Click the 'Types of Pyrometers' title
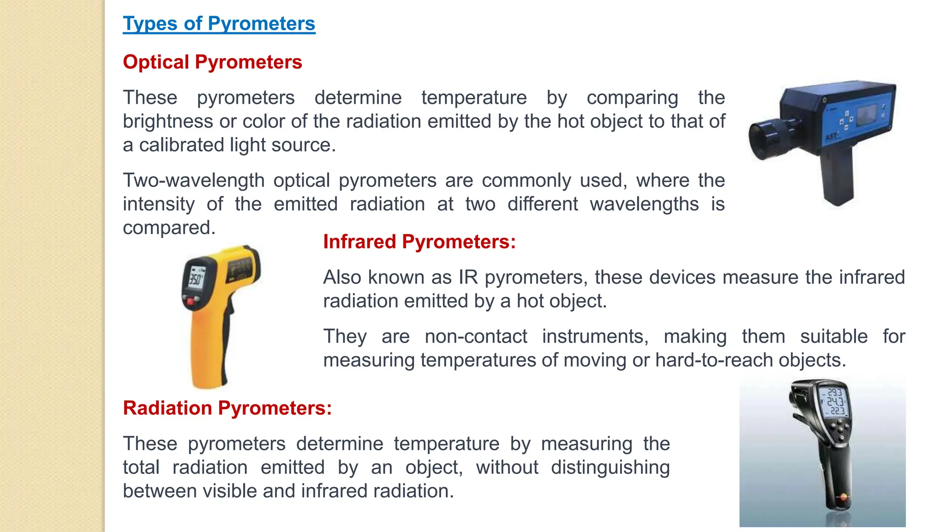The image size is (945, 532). [x=219, y=24]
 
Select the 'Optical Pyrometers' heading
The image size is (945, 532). [x=212, y=62]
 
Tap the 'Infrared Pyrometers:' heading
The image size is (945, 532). [x=419, y=242]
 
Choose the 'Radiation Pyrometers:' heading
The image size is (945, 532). [x=227, y=408]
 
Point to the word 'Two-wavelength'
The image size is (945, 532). [x=193, y=180]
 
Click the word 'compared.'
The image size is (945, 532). [x=169, y=228]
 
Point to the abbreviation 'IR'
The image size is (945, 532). [x=468, y=277]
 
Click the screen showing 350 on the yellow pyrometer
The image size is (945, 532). [x=196, y=279]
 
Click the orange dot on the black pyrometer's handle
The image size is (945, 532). [x=843, y=497]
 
